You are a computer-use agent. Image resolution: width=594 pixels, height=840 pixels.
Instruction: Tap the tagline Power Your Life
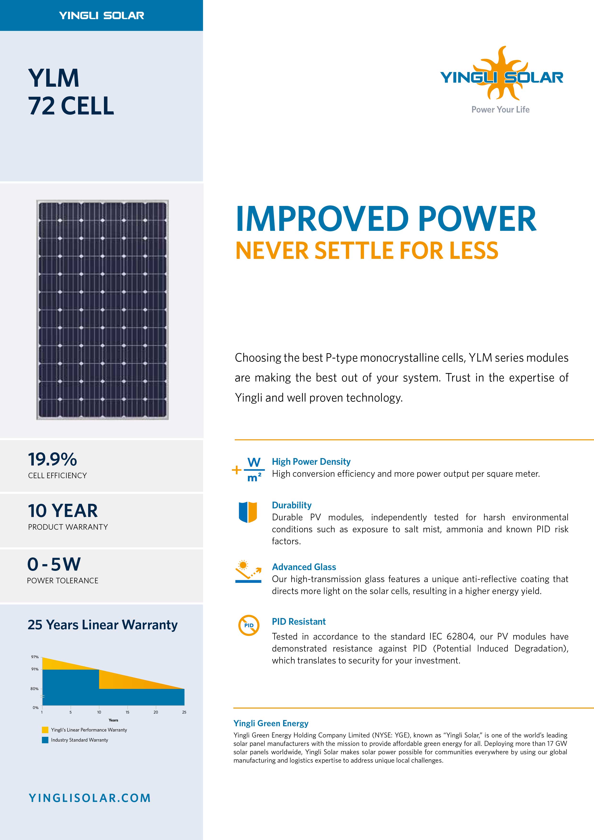500,110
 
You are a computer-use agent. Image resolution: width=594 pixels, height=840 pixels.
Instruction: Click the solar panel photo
103,310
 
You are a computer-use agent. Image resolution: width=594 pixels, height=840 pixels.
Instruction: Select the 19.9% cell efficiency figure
52,460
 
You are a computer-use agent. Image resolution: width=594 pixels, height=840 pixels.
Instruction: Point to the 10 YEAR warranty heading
63,511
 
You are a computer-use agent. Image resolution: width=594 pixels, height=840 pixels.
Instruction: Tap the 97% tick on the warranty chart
35,657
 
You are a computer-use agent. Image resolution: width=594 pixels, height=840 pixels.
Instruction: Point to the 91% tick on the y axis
35,669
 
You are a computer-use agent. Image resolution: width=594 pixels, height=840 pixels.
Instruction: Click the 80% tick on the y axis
34,688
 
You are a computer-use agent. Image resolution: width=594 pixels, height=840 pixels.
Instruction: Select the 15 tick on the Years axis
127,712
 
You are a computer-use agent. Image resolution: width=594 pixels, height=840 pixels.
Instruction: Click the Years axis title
114,720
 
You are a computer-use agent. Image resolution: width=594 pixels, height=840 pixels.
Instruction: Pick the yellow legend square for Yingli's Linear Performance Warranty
45,730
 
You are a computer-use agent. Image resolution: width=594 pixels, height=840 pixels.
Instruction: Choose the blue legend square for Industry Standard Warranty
45,740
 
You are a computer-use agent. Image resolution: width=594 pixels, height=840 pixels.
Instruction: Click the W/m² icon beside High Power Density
248,469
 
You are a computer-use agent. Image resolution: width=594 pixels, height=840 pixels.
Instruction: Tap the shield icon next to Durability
248,512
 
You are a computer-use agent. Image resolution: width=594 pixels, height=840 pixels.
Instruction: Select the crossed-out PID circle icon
249,625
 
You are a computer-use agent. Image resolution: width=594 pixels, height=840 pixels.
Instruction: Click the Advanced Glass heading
304,567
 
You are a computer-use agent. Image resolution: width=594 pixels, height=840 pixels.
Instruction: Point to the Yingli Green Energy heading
271,723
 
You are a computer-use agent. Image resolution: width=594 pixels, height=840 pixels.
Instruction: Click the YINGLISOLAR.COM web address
90,798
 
